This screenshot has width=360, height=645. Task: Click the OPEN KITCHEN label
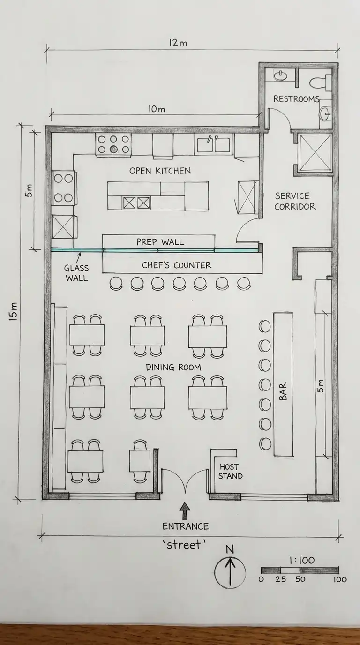point(160,171)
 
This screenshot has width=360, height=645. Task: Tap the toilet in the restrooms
point(321,82)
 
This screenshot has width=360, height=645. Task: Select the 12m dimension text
point(178,43)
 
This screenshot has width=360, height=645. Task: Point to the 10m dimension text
point(157,109)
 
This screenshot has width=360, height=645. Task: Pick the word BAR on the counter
point(283,391)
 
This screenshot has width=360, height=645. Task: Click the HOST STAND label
point(230,472)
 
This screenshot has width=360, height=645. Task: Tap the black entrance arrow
point(185,510)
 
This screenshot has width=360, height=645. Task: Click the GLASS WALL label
point(76,273)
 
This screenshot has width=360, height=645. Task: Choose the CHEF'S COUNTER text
point(177,265)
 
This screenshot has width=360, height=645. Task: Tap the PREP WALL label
point(160,242)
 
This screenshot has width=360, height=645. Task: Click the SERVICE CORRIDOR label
point(295,201)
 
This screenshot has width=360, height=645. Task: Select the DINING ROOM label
point(173,367)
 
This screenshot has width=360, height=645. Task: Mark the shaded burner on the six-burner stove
point(113,149)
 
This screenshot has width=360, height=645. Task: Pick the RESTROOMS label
point(296,99)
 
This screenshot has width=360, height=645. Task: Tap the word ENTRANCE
point(186,526)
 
